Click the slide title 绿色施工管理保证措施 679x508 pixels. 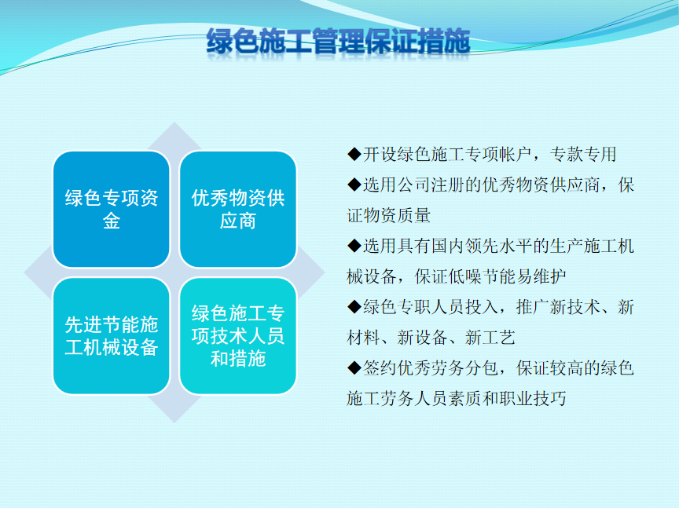click(338, 41)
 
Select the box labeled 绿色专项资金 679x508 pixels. click(112, 210)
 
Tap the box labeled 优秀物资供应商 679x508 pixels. click(238, 210)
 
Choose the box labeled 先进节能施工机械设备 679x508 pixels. click(112, 336)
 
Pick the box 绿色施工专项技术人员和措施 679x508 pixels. click(238, 336)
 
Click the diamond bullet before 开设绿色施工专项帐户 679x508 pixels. click(354, 154)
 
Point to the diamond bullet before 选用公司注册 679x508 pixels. click(354, 185)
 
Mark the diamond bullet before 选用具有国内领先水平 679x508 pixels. click(354, 246)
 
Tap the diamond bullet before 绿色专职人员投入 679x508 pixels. click(354, 307)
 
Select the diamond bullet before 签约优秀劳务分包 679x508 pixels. click(354, 367)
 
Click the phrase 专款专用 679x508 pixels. click(583, 155)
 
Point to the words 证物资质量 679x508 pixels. click(388, 215)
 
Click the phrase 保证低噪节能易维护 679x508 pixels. click(490, 276)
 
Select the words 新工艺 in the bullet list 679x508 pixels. click(490, 338)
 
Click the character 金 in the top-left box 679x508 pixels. click(112, 221)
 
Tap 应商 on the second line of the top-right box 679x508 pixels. click(238, 221)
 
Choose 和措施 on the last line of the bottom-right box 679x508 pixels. click(238, 359)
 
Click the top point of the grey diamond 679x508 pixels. click(174, 122)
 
